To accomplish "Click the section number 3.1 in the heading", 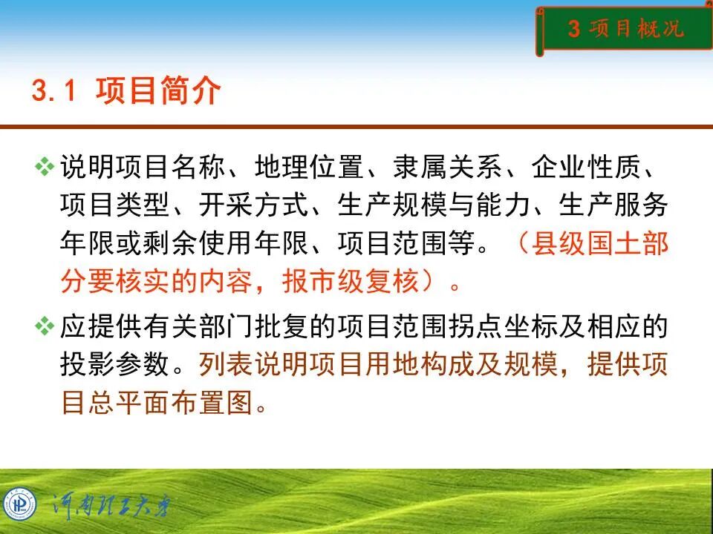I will [54, 92].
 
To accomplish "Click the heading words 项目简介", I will [158, 92].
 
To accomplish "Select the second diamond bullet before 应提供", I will [45, 326].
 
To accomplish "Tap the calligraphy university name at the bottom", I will [111, 506].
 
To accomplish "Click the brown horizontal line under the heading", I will [356, 127].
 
